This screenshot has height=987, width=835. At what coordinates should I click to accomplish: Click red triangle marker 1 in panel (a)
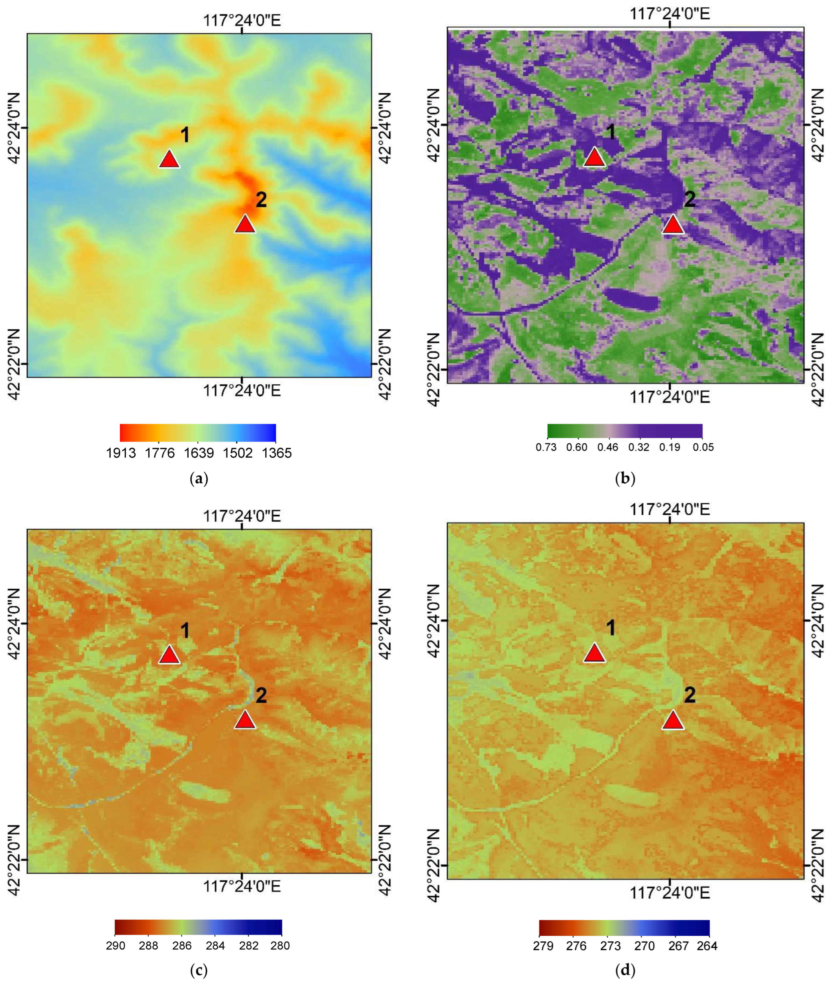[169, 160]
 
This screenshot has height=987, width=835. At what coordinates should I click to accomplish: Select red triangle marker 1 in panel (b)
[595, 158]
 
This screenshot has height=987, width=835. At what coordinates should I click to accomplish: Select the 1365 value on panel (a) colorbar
[277, 453]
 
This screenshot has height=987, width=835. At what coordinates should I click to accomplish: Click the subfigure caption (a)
[199, 479]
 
